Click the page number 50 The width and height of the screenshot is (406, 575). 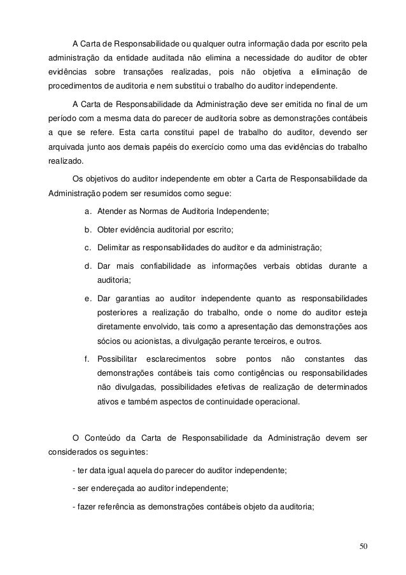(x=363, y=546)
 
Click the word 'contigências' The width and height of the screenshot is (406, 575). (x=237, y=371)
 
